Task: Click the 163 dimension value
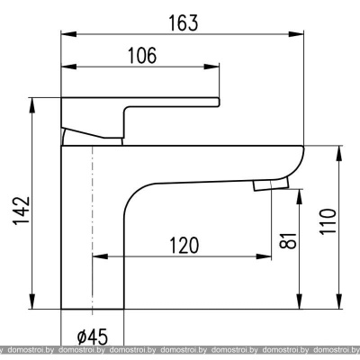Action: coord(184,23)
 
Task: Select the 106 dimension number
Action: coord(142,56)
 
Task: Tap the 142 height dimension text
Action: coord(22,211)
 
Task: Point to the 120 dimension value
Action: coord(184,245)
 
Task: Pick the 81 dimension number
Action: coord(288,240)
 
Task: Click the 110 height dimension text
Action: coord(328,221)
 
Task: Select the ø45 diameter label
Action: coord(92,337)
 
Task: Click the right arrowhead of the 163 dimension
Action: coord(296,34)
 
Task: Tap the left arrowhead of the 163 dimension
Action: coord(68,34)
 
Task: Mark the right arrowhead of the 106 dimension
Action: coord(211,67)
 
